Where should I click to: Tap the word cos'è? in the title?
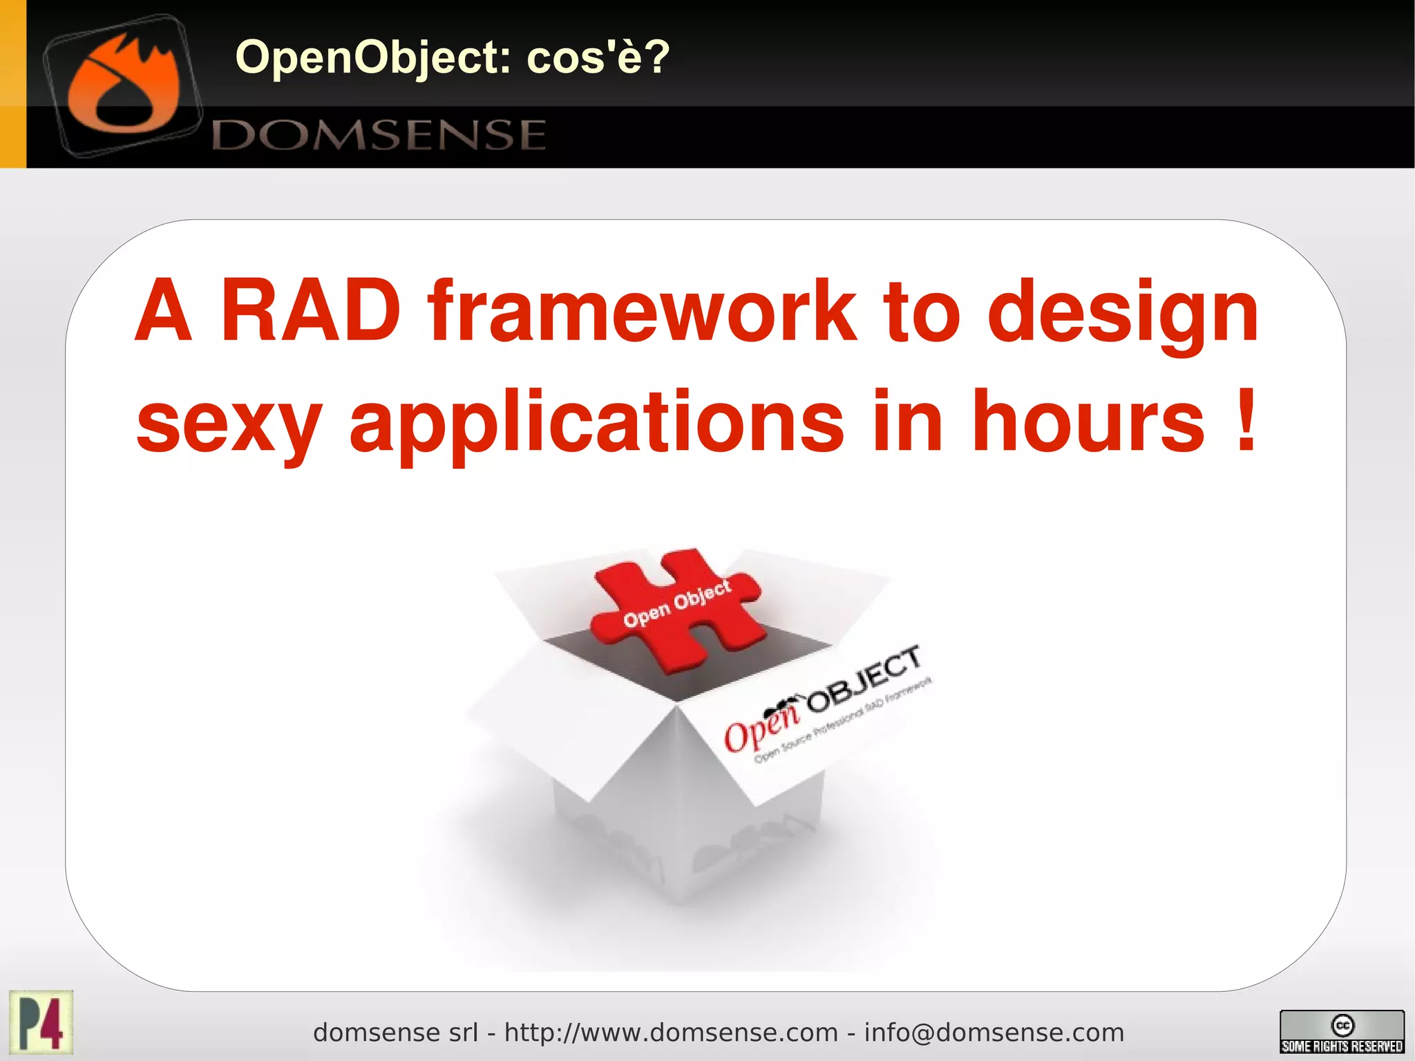coord(598,57)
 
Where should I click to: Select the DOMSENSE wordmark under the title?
coord(379,135)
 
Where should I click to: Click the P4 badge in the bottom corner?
coord(41,1022)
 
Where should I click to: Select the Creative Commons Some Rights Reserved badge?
coord(1341,1031)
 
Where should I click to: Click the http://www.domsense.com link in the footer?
coord(671,1033)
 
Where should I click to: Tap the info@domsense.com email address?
coord(994,1033)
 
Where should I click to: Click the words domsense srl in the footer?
coord(395,1033)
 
